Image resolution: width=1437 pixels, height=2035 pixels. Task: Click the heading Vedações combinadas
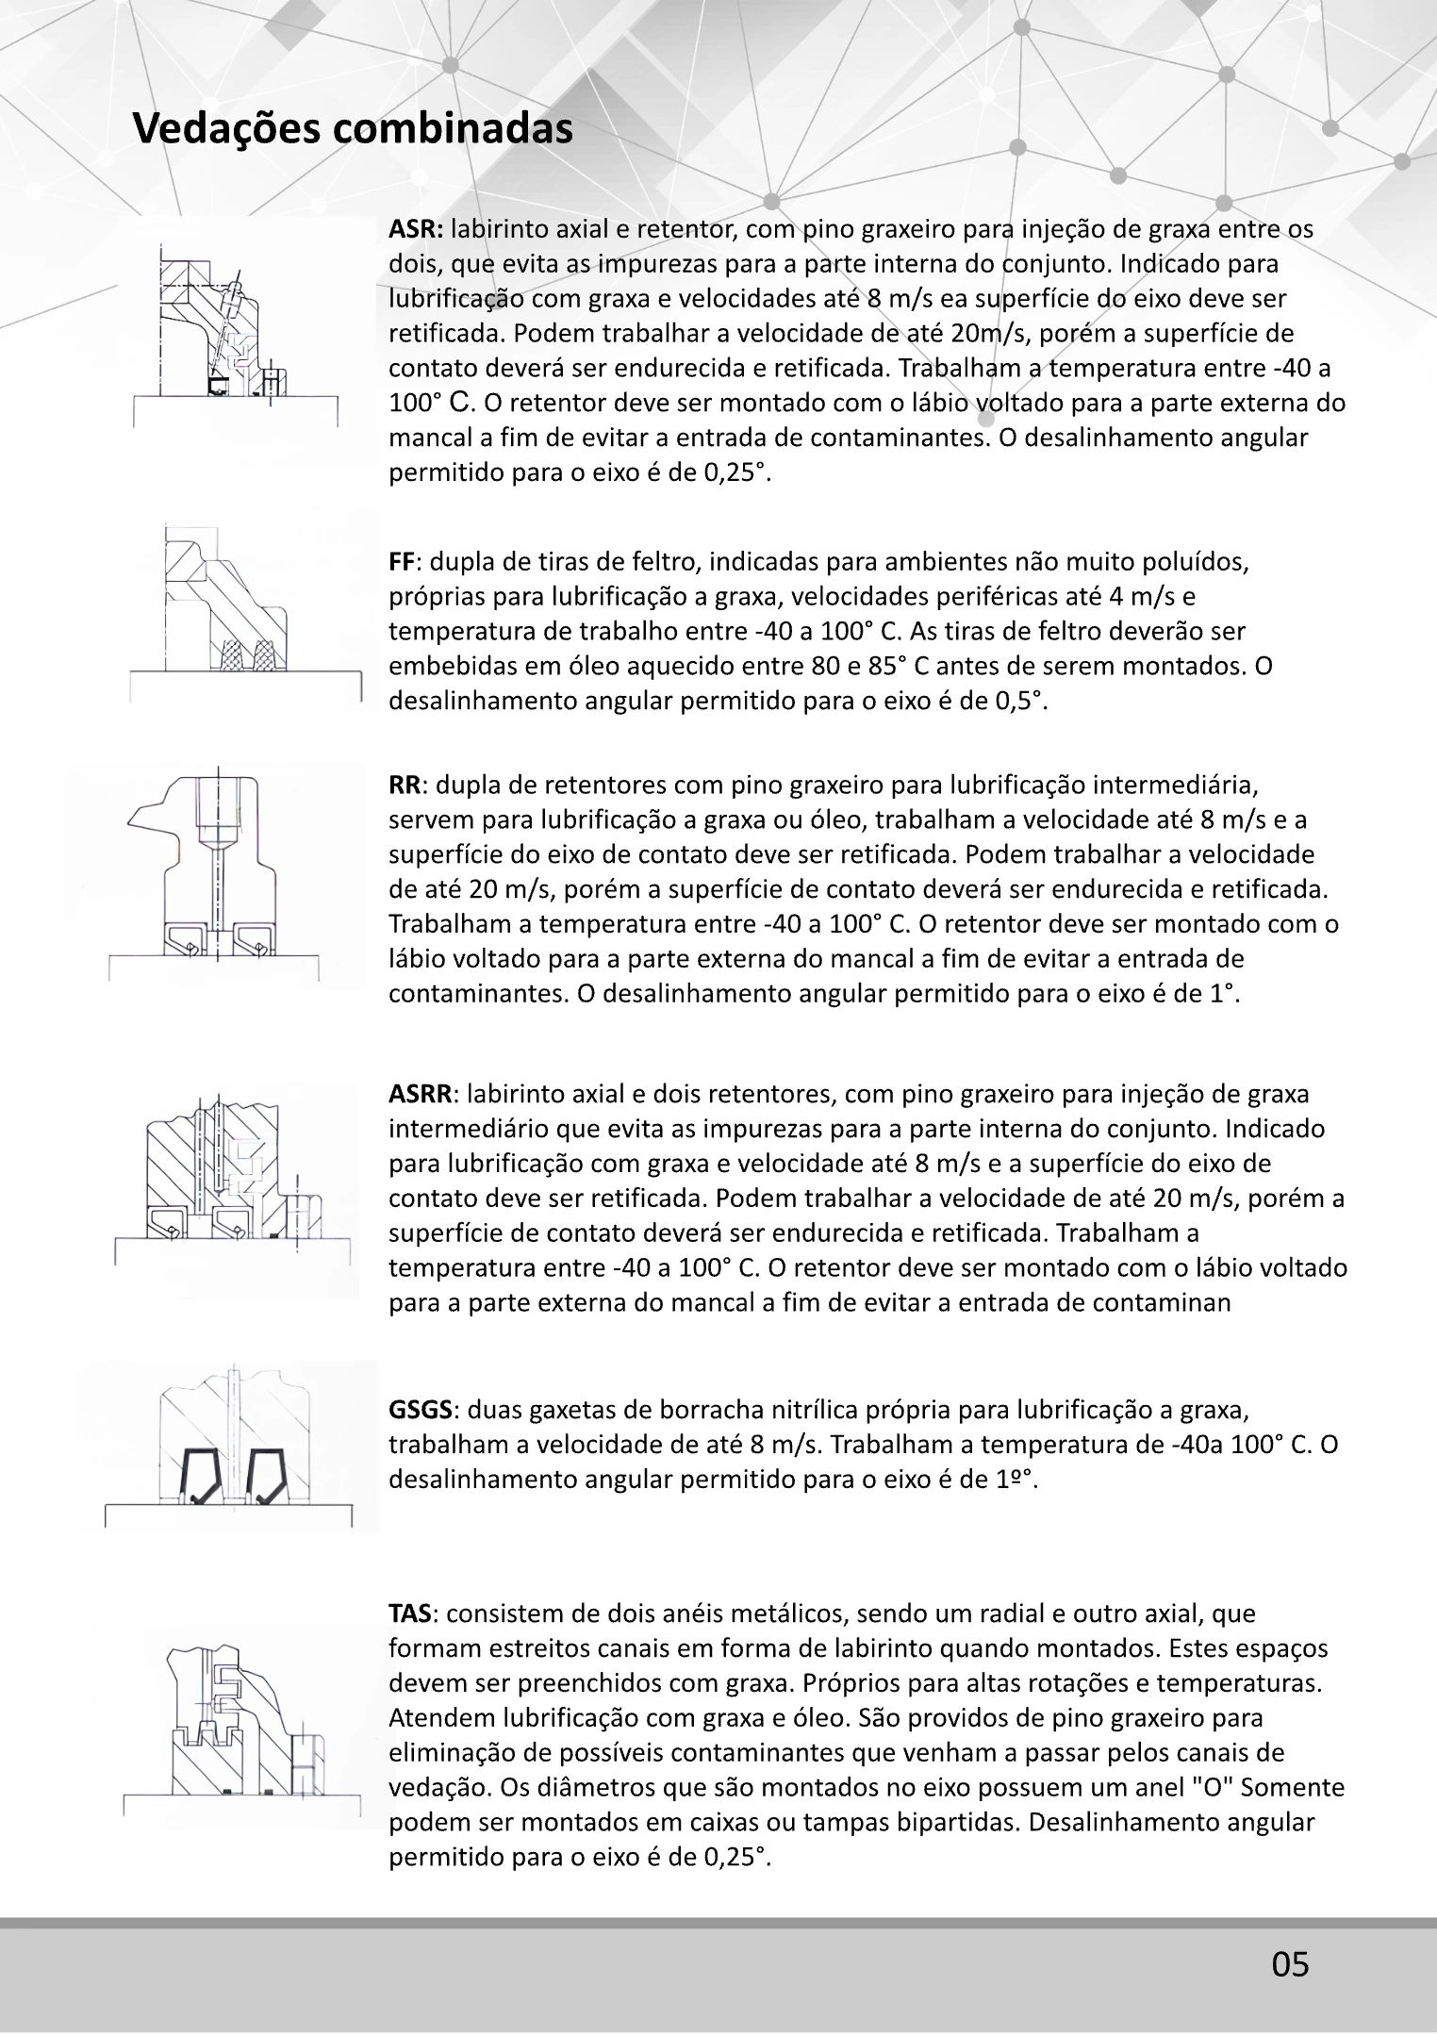353,128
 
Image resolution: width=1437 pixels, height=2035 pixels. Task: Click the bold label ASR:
416,229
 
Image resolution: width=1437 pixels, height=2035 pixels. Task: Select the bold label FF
402,562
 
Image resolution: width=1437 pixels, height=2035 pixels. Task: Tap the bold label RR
405,786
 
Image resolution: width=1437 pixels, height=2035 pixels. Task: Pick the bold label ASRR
421,1095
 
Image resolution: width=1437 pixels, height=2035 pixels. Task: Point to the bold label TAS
410,1613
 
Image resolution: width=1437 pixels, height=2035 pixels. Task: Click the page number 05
1290,1964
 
